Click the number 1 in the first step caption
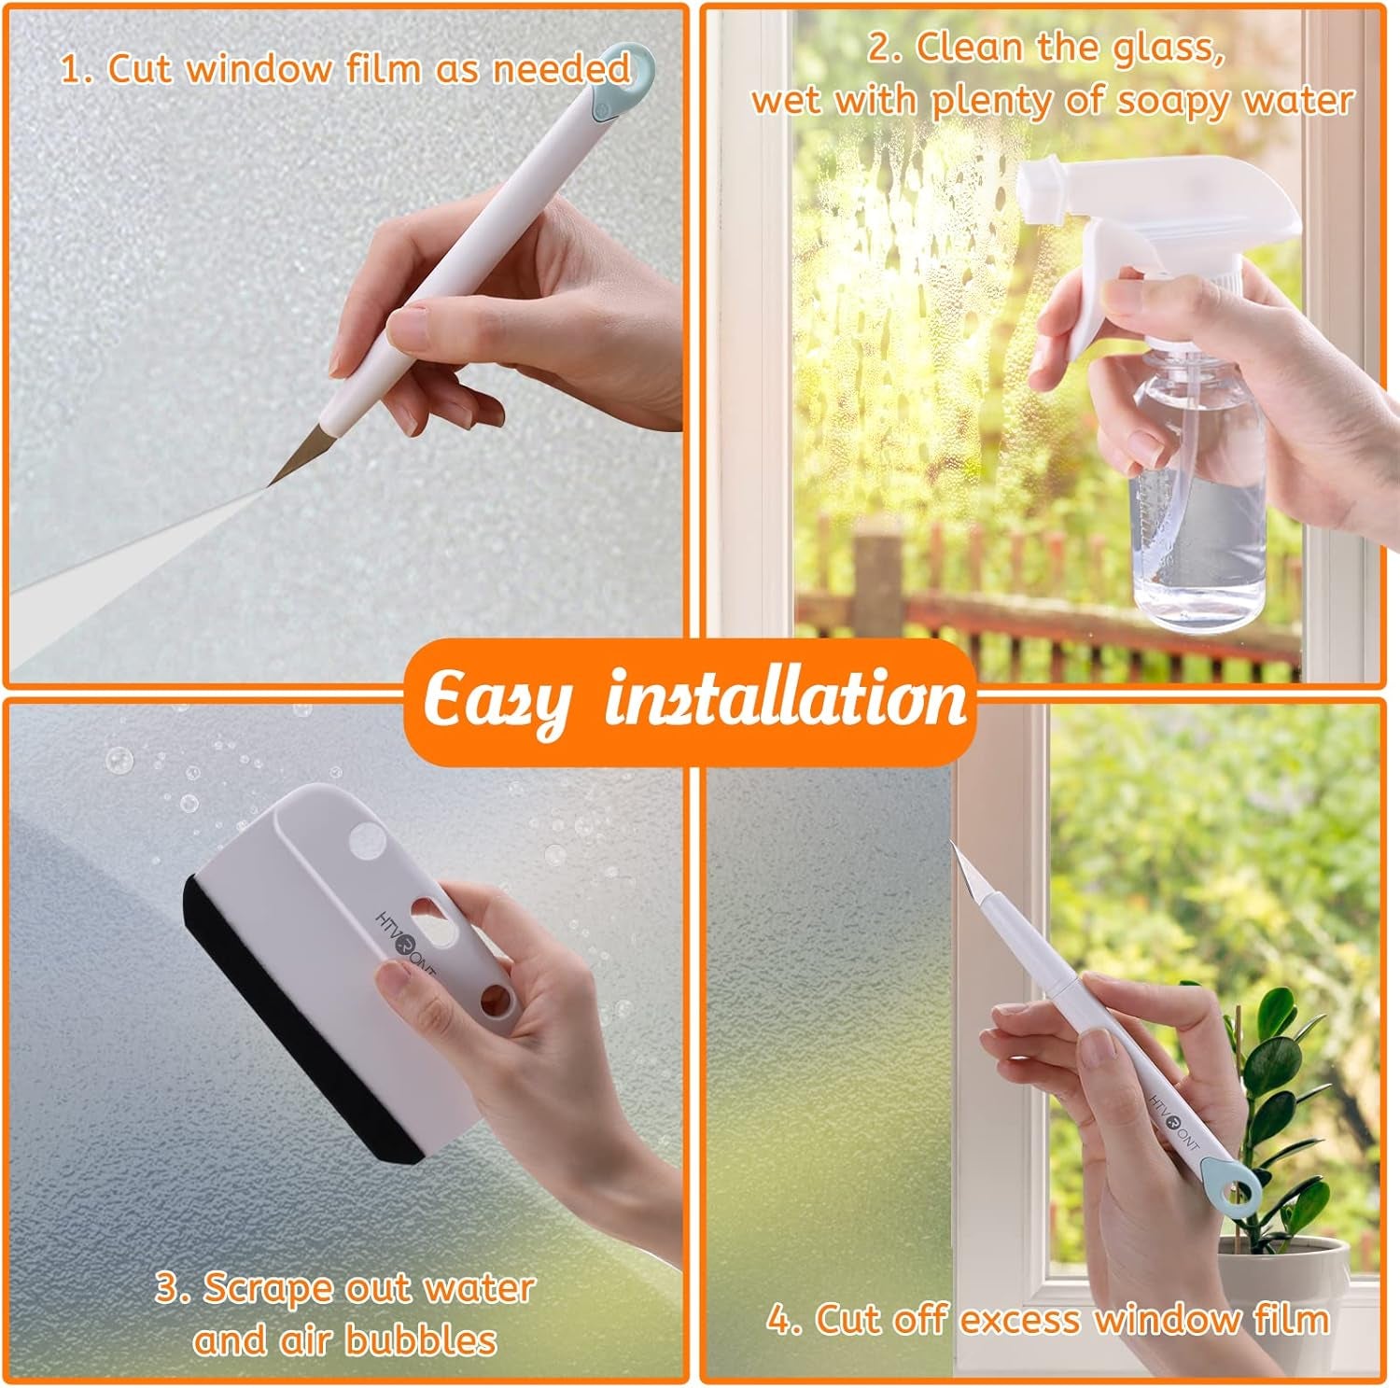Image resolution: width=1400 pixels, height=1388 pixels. tap(73, 71)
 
